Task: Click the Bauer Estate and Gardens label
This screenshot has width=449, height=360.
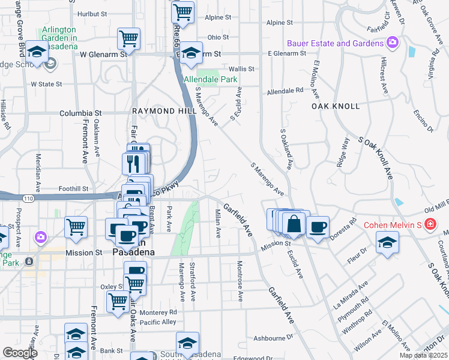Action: click(x=335, y=43)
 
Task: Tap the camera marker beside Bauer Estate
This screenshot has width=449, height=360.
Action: click(x=393, y=43)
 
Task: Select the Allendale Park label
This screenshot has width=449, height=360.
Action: click(x=210, y=79)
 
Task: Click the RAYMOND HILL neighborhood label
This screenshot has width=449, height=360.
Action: click(x=164, y=112)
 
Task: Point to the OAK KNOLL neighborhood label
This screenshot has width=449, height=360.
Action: click(x=336, y=106)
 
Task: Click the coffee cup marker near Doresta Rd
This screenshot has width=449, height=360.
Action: click(x=318, y=227)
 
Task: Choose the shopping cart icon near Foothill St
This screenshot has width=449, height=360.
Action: click(x=76, y=227)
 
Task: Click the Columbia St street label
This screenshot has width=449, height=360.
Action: click(x=80, y=113)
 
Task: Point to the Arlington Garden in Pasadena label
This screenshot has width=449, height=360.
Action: click(x=59, y=34)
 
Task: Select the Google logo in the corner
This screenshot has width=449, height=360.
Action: click(x=20, y=353)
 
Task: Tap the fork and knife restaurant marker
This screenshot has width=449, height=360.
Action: click(x=134, y=163)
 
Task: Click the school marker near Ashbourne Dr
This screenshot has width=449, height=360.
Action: click(x=187, y=343)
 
